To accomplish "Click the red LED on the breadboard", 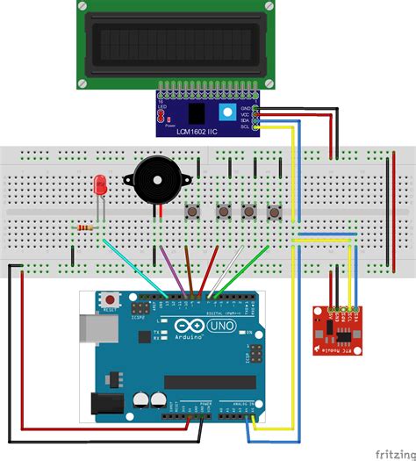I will [x=99, y=185].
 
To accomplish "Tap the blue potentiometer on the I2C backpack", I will [x=226, y=112].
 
